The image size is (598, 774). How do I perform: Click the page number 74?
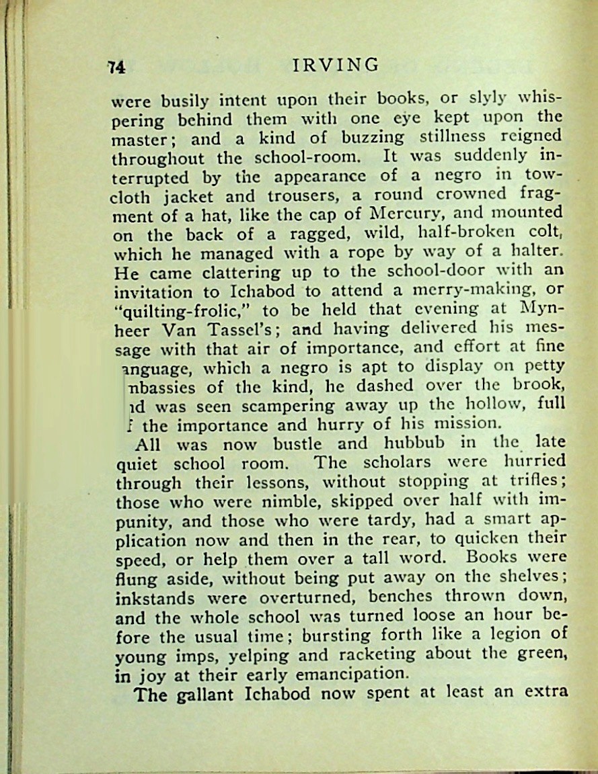click(117, 66)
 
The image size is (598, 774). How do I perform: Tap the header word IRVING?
click(336, 64)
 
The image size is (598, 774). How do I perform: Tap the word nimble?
click(266, 501)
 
